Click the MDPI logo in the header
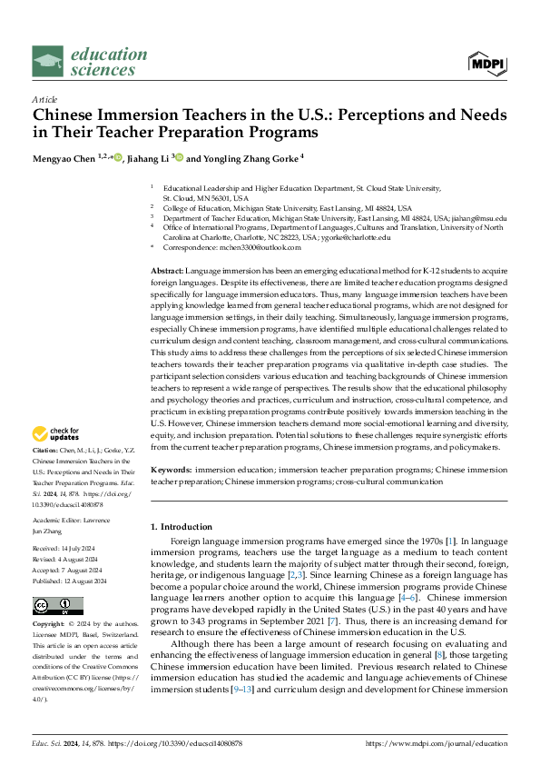[486, 62]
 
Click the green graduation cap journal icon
[48, 62]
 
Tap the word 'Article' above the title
[44, 100]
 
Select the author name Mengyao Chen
[67, 157]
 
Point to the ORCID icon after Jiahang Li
[179, 157]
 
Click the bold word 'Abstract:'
[167, 272]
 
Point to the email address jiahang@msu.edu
[483, 218]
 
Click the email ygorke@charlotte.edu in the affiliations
[358, 237]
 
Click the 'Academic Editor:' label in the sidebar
[58, 521]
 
